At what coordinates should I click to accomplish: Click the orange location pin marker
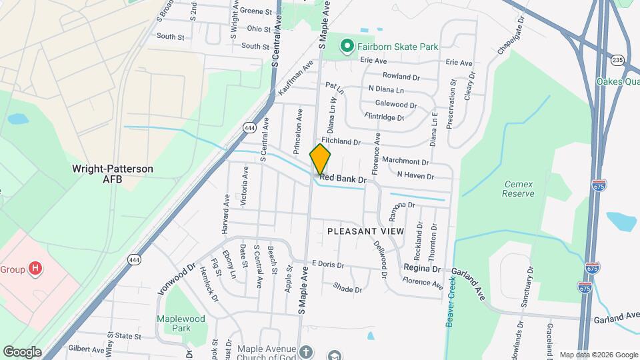click(320, 159)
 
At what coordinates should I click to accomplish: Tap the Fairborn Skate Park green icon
click(347, 46)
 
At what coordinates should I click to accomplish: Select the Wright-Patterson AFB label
click(113, 174)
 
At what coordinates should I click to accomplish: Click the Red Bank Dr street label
click(343, 179)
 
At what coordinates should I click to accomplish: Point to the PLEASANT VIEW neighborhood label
click(366, 231)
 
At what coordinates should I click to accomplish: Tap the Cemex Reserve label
click(519, 189)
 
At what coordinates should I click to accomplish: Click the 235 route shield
click(618, 60)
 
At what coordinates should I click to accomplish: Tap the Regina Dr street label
click(423, 269)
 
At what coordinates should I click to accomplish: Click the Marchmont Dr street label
click(405, 161)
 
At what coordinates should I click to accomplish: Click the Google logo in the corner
click(22, 352)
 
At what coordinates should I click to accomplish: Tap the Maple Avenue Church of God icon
click(306, 351)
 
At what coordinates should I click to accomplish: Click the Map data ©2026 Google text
click(598, 355)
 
